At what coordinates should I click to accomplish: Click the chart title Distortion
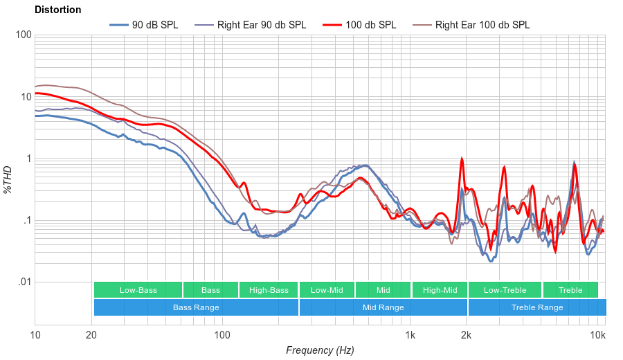[57, 10]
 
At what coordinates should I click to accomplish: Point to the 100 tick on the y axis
[23, 35]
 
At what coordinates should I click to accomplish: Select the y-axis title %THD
[8, 180]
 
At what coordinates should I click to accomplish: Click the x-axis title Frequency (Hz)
[320, 350]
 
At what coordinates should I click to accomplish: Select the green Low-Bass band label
[138, 290]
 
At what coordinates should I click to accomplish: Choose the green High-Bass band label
[269, 290]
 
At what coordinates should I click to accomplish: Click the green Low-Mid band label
[327, 290]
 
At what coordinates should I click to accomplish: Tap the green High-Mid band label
[440, 290]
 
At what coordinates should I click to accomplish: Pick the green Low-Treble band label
[505, 290]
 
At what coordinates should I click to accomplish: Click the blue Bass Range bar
[196, 307]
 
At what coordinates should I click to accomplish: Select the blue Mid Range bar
[383, 307]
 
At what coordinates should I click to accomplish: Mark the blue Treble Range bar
[536, 307]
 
